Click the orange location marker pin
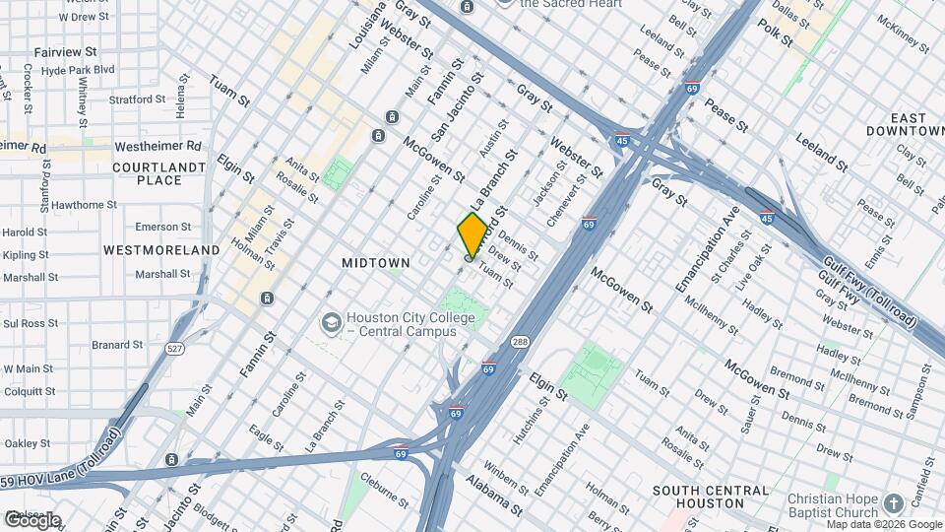[472, 234]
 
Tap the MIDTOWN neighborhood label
[374, 263]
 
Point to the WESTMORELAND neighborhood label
[161, 250]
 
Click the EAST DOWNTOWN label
[906, 123]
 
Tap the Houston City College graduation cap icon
[332, 322]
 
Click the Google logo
[32, 520]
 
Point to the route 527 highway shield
[175, 349]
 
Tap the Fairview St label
[64, 50]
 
